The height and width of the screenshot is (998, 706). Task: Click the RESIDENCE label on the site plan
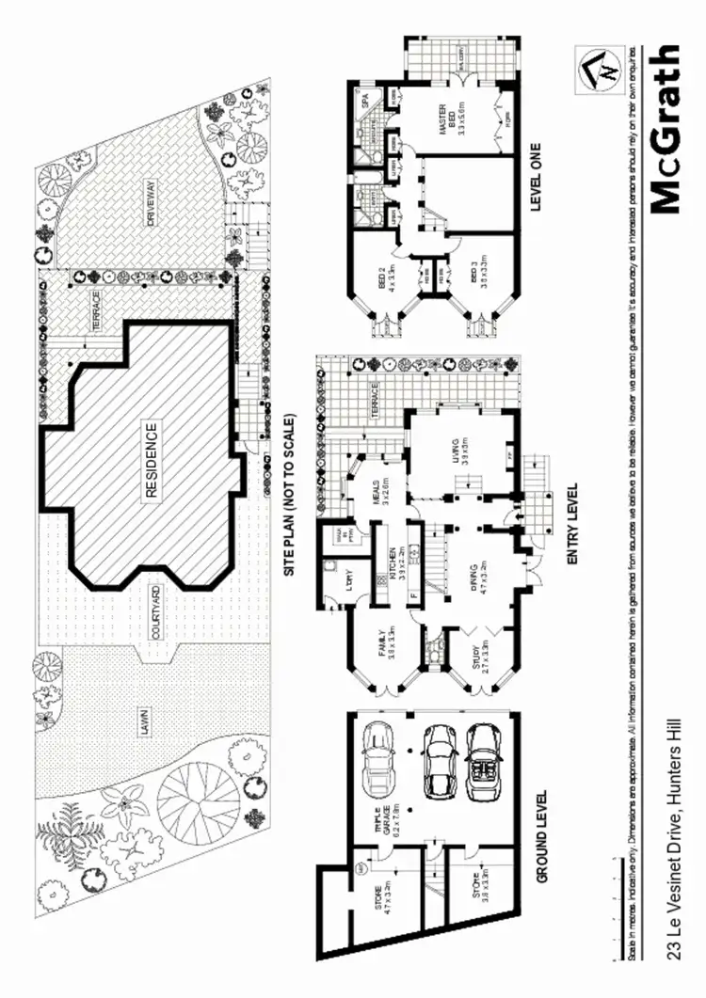[151, 461]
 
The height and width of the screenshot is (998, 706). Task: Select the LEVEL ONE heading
[538, 178]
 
